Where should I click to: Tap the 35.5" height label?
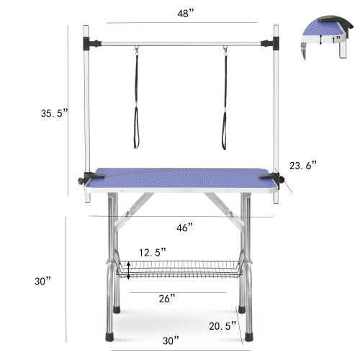tap(55, 112)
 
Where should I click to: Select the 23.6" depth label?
tap(302, 165)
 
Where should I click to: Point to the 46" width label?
tap(185, 227)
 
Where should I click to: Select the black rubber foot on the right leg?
tap(249, 335)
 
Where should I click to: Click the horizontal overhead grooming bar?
tap(180, 41)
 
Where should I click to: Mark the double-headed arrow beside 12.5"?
tap(129, 270)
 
